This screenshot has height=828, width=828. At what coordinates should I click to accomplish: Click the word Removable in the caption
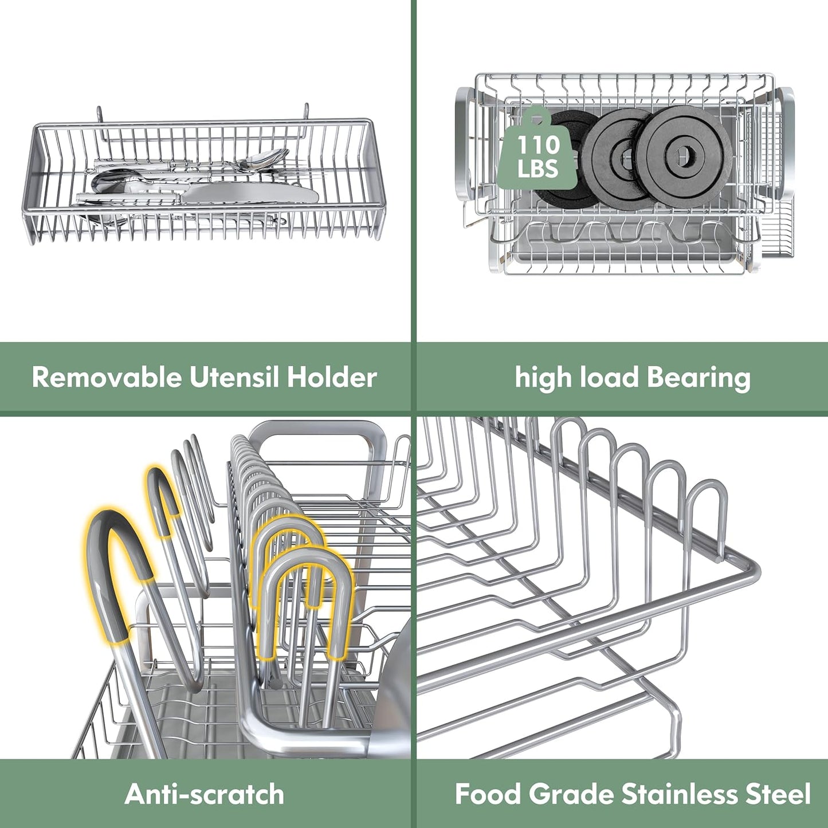(107, 378)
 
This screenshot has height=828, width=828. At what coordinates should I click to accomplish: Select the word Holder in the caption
(332, 378)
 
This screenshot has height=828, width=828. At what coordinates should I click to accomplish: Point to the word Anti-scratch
(205, 795)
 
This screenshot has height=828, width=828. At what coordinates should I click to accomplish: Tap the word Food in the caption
(488, 795)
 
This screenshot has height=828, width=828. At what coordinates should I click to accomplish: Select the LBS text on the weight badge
(537, 169)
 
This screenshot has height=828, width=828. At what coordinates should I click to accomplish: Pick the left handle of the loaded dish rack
(465, 143)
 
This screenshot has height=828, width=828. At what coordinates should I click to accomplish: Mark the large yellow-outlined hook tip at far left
(115, 550)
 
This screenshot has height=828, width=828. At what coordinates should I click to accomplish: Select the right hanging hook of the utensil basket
(306, 111)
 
